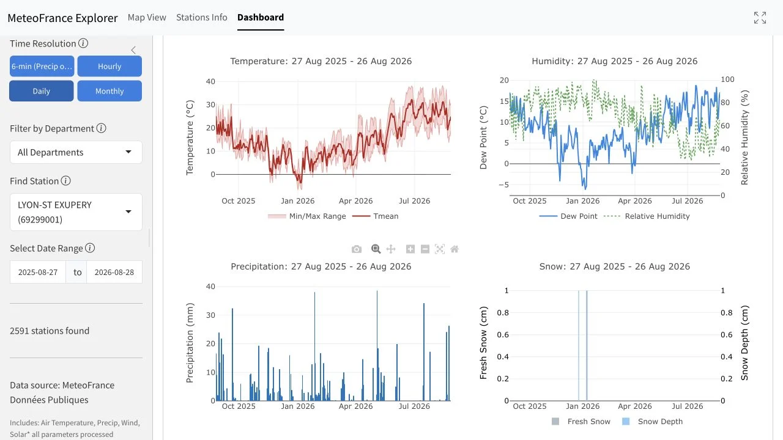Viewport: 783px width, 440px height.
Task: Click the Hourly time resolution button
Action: [x=109, y=66]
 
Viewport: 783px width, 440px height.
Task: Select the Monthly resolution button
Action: [x=109, y=91]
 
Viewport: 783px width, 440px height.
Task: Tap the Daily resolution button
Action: [x=41, y=91]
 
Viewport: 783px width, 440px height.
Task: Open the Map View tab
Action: [x=147, y=18]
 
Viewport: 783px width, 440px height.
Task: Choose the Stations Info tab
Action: [x=202, y=18]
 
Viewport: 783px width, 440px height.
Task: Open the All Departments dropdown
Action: [x=76, y=152]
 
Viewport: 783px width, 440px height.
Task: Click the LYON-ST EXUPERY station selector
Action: [x=76, y=212]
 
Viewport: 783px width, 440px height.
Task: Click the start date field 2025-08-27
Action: [x=38, y=272]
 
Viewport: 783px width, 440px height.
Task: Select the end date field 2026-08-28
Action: [x=114, y=272]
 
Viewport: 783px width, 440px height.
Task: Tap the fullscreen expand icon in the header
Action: [x=760, y=18]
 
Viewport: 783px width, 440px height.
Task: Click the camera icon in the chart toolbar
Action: [x=357, y=249]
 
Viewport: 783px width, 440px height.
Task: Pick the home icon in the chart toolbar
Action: [x=455, y=249]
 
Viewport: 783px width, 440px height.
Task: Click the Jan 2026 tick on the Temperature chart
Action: [x=297, y=201]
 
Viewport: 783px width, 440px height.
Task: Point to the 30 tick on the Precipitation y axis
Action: [x=210, y=315]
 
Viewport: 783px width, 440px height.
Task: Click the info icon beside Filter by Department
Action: [x=102, y=128]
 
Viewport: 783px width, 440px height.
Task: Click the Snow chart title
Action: [x=615, y=266]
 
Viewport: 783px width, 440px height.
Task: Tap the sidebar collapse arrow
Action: [x=133, y=50]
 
